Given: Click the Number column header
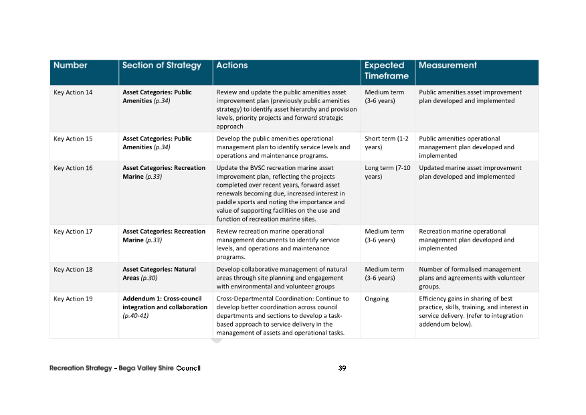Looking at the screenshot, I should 70,66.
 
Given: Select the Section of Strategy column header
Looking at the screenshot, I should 161,66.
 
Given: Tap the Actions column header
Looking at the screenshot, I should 232,66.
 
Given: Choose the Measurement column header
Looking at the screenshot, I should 448,66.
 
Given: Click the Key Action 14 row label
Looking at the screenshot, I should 73,92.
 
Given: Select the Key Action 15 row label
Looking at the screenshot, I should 73,139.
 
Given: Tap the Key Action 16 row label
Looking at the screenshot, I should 73,168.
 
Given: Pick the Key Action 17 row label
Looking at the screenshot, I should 73,232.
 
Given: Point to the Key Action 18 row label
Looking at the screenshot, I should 73,269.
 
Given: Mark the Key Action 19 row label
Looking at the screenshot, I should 73,299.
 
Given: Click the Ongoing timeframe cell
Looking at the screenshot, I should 377,299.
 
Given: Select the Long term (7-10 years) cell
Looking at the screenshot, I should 385,172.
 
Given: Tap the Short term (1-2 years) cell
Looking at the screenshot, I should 386,143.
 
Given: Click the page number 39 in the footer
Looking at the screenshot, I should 342,368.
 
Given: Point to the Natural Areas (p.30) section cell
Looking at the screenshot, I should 159,273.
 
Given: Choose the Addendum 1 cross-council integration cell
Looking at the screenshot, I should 165,307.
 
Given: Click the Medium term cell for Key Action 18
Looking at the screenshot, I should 384,273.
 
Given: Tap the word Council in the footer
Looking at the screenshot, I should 189,368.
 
